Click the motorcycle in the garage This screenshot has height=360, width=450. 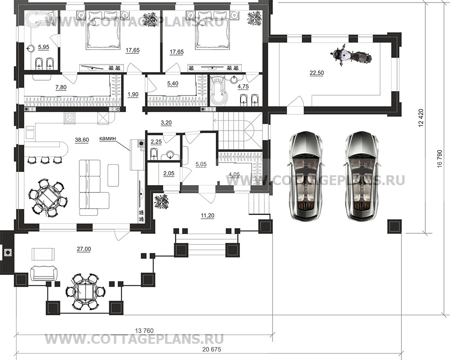tap(351, 56)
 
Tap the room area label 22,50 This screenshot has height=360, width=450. tap(316, 73)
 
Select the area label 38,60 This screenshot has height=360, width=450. tap(82, 140)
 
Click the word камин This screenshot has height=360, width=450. tap(107, 138)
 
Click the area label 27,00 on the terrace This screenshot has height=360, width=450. tap(84, 249)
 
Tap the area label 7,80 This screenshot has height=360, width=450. tap(61, 87)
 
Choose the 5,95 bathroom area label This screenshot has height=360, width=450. tap(44, 47)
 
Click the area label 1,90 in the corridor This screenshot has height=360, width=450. tap(133, 94)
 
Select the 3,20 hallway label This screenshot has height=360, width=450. tap(166, 122)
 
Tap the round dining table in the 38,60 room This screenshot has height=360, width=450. tap(48, 197)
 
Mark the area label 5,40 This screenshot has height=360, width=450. tap(172, 84)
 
